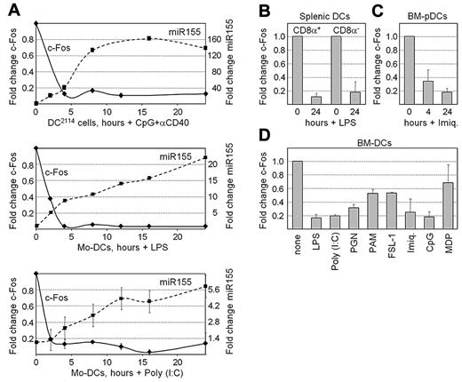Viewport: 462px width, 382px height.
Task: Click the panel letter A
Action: point(10,8)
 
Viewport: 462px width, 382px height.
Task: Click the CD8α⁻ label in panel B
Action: point(345,27)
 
